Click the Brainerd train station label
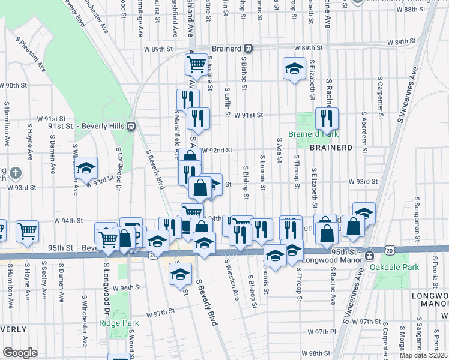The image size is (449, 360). pyautogui.click(x=228, y=47)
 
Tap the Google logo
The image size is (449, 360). pyautogui.click(x=20, y=353)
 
